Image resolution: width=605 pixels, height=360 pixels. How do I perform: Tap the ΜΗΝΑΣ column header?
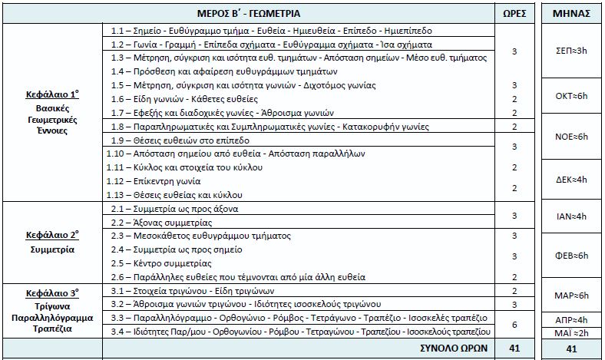(x=571, y=14)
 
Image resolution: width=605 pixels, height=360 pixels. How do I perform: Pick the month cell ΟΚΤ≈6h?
(x=571, y=96)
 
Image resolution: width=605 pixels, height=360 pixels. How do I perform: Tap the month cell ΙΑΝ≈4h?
(x=571, y=216)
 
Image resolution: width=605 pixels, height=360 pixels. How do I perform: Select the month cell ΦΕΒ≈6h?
(x=571, y=255)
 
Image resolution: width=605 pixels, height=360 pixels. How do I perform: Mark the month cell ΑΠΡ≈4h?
(x=571, y=319)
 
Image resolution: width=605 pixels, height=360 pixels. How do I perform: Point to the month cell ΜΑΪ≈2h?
(x=571, y=332)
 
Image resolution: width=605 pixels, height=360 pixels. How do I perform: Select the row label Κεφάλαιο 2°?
(x=51, y=234)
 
